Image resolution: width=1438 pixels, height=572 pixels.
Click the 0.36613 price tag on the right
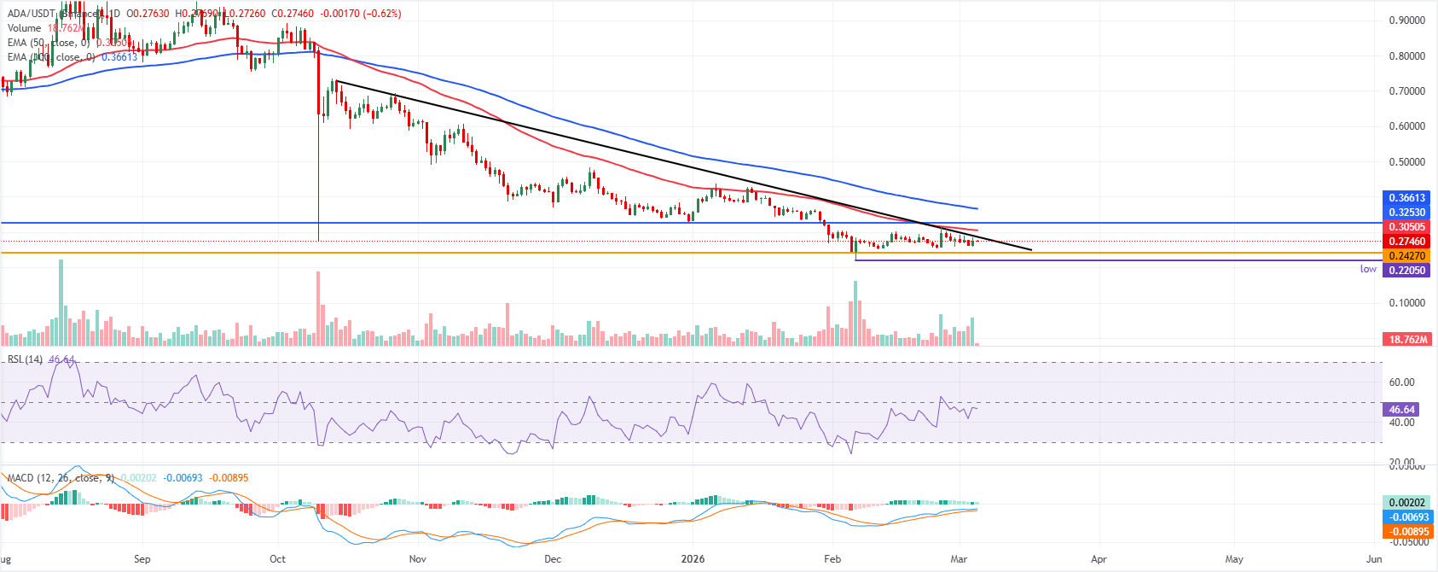tap(1406, 198)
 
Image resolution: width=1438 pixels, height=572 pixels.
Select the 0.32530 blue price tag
tap(1406, 213)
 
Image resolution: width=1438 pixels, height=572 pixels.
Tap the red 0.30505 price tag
tap(1406, 227)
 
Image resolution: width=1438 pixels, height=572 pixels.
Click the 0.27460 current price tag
tap(1406, 242)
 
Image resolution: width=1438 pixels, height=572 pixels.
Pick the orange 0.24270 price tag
tap(1406, 256)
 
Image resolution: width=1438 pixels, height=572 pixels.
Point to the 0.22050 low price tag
tap(1406, 271)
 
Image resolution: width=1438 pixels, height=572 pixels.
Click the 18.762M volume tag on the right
tap(1407, 340)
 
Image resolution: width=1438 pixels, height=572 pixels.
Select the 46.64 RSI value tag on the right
tap(1402, 410)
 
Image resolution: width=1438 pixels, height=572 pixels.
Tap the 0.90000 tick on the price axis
tap(1406, 20)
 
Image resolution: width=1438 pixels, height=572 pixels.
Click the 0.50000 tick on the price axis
tap(1406, 162)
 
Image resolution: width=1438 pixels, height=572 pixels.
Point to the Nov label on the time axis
tap(417, 559)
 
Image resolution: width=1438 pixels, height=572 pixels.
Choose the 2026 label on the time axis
tap(693, 559)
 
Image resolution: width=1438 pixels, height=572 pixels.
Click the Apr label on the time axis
tap(1099, 559)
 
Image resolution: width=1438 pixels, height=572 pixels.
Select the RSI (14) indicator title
tap(25, 359)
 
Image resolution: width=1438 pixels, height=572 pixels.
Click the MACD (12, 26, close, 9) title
tap(61, 478)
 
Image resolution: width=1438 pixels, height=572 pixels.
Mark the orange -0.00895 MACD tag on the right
tap(1407, 532)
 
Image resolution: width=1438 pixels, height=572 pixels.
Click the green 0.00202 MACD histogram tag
tap(1406, 503)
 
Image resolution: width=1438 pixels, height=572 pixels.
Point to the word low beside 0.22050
tap(1368, 269)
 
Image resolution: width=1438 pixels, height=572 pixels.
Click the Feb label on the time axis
tap(832, 559)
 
